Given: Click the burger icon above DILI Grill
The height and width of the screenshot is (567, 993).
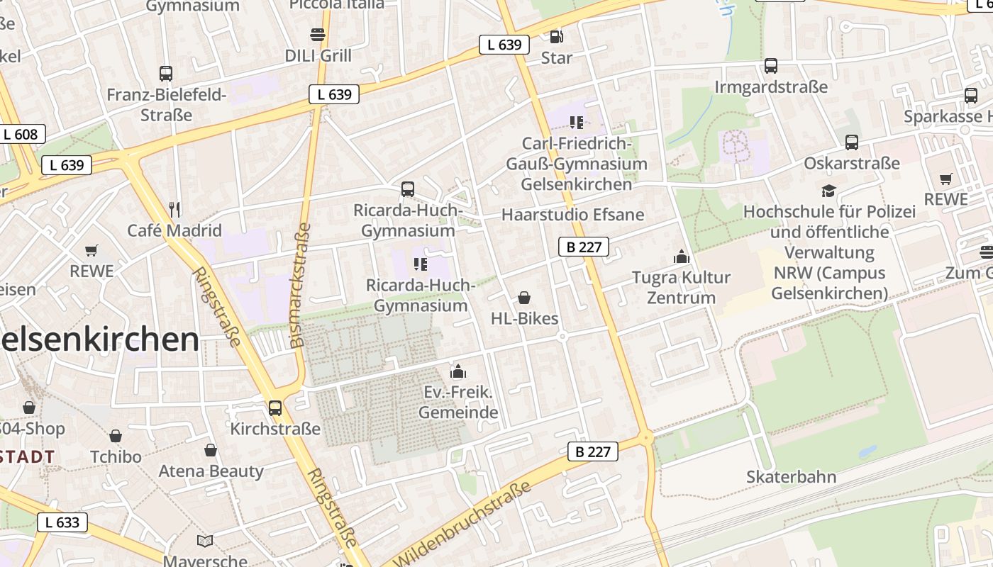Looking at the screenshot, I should [317, 34].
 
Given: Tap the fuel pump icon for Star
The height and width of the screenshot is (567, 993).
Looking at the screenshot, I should [557, 36].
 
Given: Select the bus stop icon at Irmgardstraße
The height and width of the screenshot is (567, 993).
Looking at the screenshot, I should [771, 66].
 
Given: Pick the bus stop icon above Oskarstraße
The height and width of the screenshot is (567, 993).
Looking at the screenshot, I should [852, 142].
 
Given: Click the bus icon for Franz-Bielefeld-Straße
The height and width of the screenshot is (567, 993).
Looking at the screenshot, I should [166, 73].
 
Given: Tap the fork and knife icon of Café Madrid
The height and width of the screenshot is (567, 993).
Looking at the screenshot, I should [174, 209].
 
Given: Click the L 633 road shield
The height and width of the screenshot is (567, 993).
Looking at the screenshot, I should [62, 522].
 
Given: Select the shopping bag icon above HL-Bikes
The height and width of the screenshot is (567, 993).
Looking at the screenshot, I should [524, 298].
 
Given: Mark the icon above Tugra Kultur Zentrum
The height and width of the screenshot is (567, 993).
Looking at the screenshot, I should [682, 256].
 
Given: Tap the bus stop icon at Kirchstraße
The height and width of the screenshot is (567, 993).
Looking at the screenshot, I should [275, 408].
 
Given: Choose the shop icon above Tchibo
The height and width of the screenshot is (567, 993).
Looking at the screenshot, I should [116, 435].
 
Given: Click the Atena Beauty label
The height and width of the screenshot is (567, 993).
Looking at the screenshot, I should [211, 471].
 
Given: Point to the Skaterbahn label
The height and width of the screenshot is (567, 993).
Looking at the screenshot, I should [791, 477].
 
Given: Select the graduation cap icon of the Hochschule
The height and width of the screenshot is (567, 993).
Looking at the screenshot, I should [828, 190].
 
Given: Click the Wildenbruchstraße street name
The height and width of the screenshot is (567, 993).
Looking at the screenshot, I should [461, 525].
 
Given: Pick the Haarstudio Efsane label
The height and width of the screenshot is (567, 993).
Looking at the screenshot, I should [572, 215].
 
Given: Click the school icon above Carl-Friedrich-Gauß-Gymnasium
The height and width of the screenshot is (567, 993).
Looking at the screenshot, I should [576, 122].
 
